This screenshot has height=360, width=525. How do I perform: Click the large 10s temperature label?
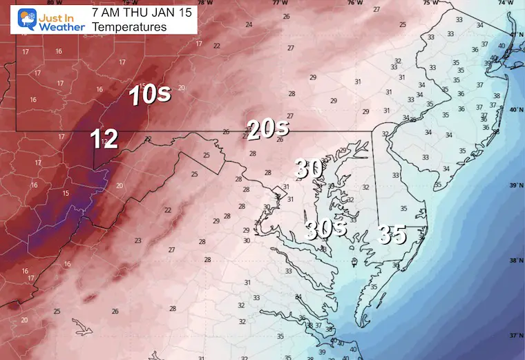pyautogui.click(x=150, y=96)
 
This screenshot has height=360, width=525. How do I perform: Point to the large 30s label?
pyautogui.click(x=325, y=231)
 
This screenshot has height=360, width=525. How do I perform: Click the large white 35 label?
pyautogui.click(x=391, y=235)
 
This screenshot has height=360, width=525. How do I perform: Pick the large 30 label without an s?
pyautogui.click(x=309, y=168)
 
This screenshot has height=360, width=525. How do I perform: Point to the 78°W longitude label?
pyautogui.click(x=202, y=3)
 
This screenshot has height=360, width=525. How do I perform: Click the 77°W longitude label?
pyautogui.click(x=278, y=3)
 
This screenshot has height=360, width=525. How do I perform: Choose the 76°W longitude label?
pyautogui.click(x=354, y=3)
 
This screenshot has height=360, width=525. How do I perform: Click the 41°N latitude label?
pyautogui.click(x=516, y=35)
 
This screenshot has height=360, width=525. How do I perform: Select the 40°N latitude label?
pyautogui.click(x=516, y=110)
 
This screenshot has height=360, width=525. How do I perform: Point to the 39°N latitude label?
pyautogui.click(x=516, y=185)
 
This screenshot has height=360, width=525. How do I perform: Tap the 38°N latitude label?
pyautogui.click(x=516, y=260)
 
